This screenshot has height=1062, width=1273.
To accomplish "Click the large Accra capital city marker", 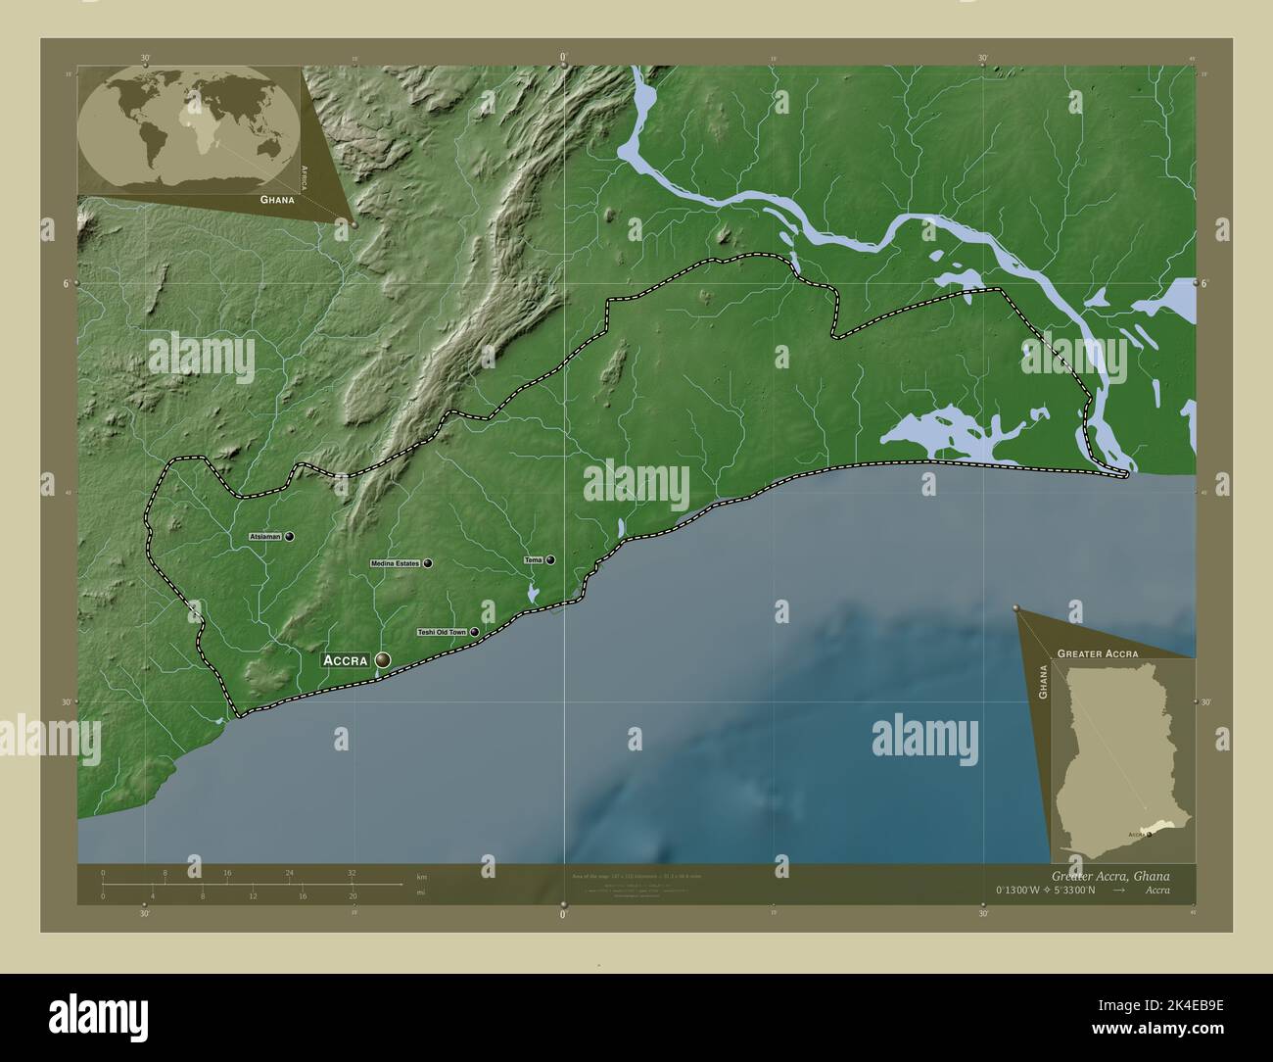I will tap(381, 660).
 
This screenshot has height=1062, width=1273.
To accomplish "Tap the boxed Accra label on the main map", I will tap(345, 660).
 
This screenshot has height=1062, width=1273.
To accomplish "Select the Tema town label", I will tap(534, 559).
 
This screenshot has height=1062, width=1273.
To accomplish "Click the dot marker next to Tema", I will tap(550, 559).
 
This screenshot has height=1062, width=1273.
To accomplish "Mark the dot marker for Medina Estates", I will tap(428, 563).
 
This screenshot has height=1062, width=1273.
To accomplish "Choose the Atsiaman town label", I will tap(265, 537).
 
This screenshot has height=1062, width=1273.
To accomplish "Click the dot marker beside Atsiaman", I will tap(290, 537).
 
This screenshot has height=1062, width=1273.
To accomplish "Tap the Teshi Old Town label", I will tap(442, 633).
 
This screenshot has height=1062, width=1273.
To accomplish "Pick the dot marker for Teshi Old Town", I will tap(475, 633).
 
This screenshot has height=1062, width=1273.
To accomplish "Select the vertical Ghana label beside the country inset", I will tap(1043, 681).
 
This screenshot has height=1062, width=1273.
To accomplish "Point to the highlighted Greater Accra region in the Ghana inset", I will tap(1159, 828).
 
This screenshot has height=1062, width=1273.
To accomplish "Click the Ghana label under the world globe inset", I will tap(277, 199).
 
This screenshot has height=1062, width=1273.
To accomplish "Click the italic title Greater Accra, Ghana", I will tap(1109, 875).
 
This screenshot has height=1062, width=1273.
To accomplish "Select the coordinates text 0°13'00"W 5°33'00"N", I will tap(1047, 890).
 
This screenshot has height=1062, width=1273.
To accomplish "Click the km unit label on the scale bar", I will tap(421, 876).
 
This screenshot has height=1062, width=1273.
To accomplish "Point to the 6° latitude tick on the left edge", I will tap(67, 283).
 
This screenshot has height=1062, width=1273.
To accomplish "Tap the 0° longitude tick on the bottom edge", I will tap(563, 914).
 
